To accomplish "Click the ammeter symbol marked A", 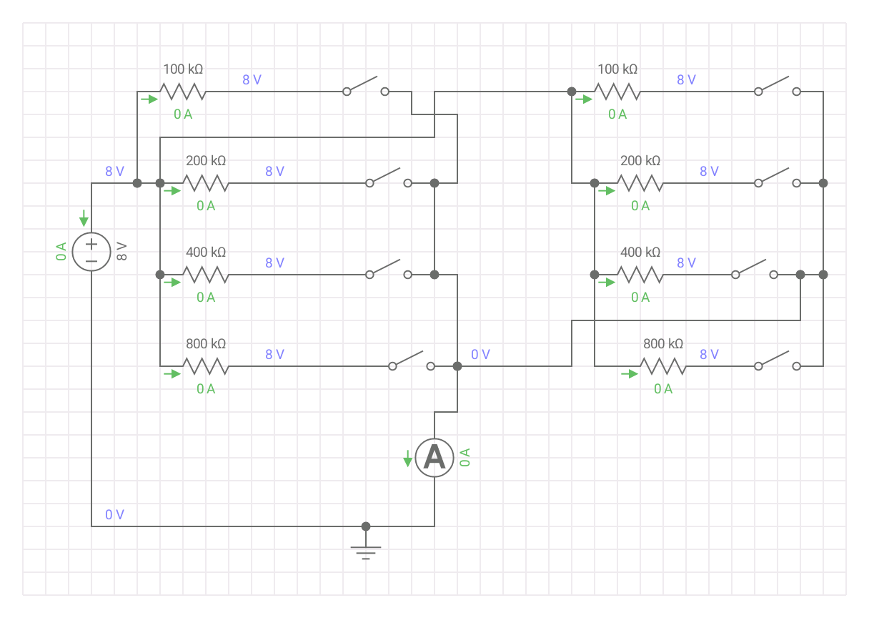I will (434, 458).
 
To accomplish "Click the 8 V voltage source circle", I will (91, 252).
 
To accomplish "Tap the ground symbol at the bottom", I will (366, 551).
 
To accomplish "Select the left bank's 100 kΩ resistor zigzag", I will (183, 92).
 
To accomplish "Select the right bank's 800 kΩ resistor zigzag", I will (663, 366).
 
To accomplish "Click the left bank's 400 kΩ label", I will (206, 252).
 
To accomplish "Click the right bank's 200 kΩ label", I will (640, 161).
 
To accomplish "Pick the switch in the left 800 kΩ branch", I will (411, 361).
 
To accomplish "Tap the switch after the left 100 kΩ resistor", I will (365, 87).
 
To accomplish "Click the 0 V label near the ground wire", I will (114, 515).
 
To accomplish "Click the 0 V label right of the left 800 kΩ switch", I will (480, 355).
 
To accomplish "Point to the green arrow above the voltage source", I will (84, 217).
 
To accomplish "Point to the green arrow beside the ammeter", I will (407, 458).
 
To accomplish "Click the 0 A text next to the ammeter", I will (465, 458).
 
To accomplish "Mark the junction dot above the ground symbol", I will (366, 526).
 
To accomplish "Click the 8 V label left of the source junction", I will (114, 172).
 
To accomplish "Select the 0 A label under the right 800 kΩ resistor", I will (663, 389).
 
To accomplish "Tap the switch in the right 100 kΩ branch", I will (777, 87).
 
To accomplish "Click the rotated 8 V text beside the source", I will (121, 252).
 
